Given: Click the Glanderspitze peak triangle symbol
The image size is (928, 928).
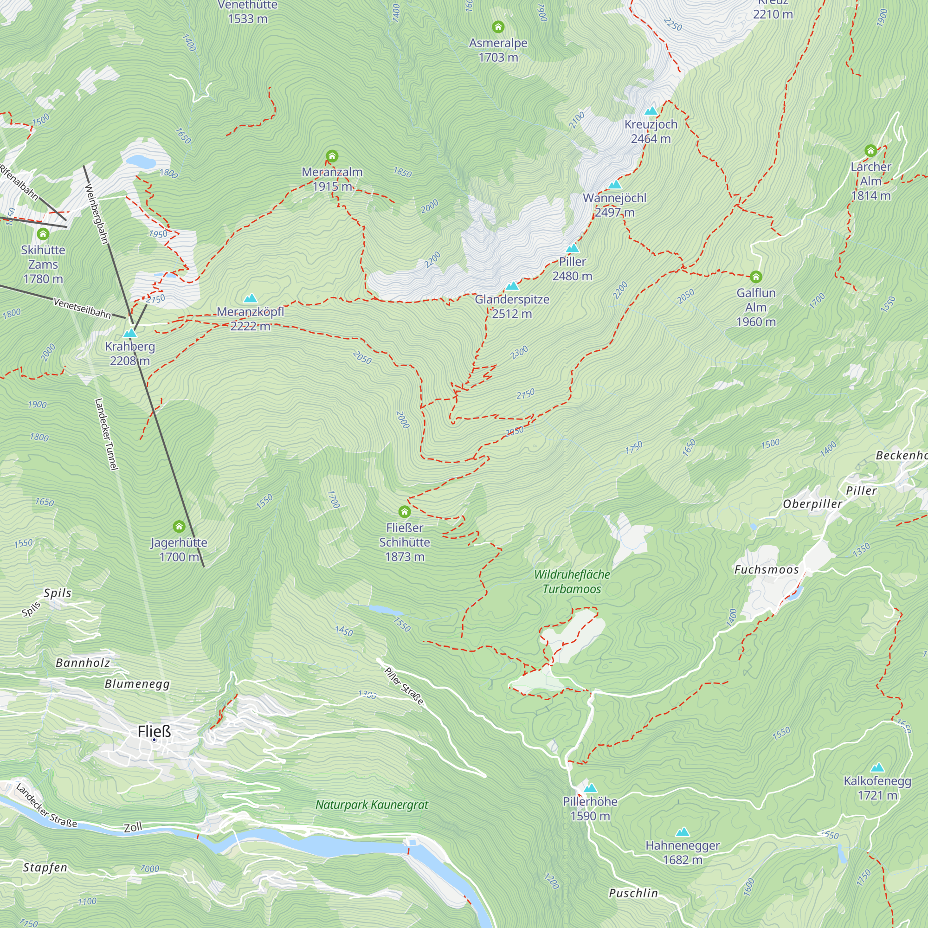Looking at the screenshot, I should [x=512, y=286].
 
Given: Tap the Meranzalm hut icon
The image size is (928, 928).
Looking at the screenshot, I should [x=332, y=155].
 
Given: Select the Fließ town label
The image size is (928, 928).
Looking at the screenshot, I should [x=154, y=732].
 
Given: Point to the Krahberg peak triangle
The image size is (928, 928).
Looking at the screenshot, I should [x=130, y=333].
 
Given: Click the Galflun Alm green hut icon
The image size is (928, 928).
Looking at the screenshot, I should [x=755, y=277].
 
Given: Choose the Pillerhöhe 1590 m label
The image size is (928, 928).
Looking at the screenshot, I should [x=590, y=808].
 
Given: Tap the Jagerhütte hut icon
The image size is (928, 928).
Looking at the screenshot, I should [x=179, y=527].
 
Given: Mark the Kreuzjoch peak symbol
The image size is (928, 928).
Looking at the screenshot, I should [x=651, y=111].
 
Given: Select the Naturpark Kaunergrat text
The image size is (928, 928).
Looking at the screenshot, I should [x=371, y=805].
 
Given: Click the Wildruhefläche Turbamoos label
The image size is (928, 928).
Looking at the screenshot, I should [x=572, y=581].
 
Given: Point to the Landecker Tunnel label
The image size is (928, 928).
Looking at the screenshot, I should [x=106, y=434].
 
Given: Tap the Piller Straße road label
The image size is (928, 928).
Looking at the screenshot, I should [x=404, y=686].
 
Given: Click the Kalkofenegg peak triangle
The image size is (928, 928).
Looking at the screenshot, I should [x=877, y=767].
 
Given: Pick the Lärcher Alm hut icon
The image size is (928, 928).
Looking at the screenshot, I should [x=870, y=151].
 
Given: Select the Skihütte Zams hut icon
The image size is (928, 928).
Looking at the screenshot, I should [x=43, y=234].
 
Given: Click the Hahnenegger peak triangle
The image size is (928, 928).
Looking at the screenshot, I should [x=682, y=832].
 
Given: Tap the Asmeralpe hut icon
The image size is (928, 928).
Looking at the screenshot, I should [x=498, y=26].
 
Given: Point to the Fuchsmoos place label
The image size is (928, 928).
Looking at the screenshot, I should [x=766, y=570].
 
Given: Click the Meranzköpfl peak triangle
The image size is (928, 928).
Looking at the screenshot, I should [x=250, y=299].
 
